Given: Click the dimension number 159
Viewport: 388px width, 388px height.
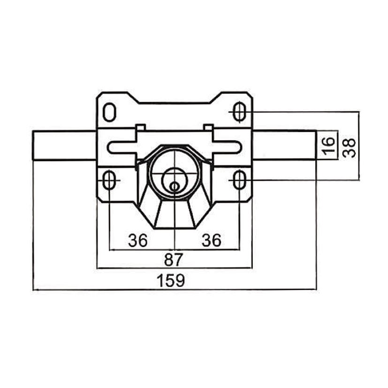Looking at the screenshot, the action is (172, 280).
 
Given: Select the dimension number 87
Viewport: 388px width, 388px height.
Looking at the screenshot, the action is (173, 259).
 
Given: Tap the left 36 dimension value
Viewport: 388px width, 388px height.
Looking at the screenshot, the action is (138, 240).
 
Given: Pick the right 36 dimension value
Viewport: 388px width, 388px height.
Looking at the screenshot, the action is (211, 240).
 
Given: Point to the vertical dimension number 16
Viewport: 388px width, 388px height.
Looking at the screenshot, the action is (329, 146).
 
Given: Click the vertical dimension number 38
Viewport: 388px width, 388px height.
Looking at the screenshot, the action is (349, 147).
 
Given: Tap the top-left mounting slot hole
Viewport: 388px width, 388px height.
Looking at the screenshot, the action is (109, 113).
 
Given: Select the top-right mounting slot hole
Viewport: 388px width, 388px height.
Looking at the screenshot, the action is (239, 112).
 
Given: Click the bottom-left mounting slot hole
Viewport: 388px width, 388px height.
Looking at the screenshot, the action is (108, 180).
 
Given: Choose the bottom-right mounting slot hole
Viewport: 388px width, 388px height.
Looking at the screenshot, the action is (239, 180).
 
